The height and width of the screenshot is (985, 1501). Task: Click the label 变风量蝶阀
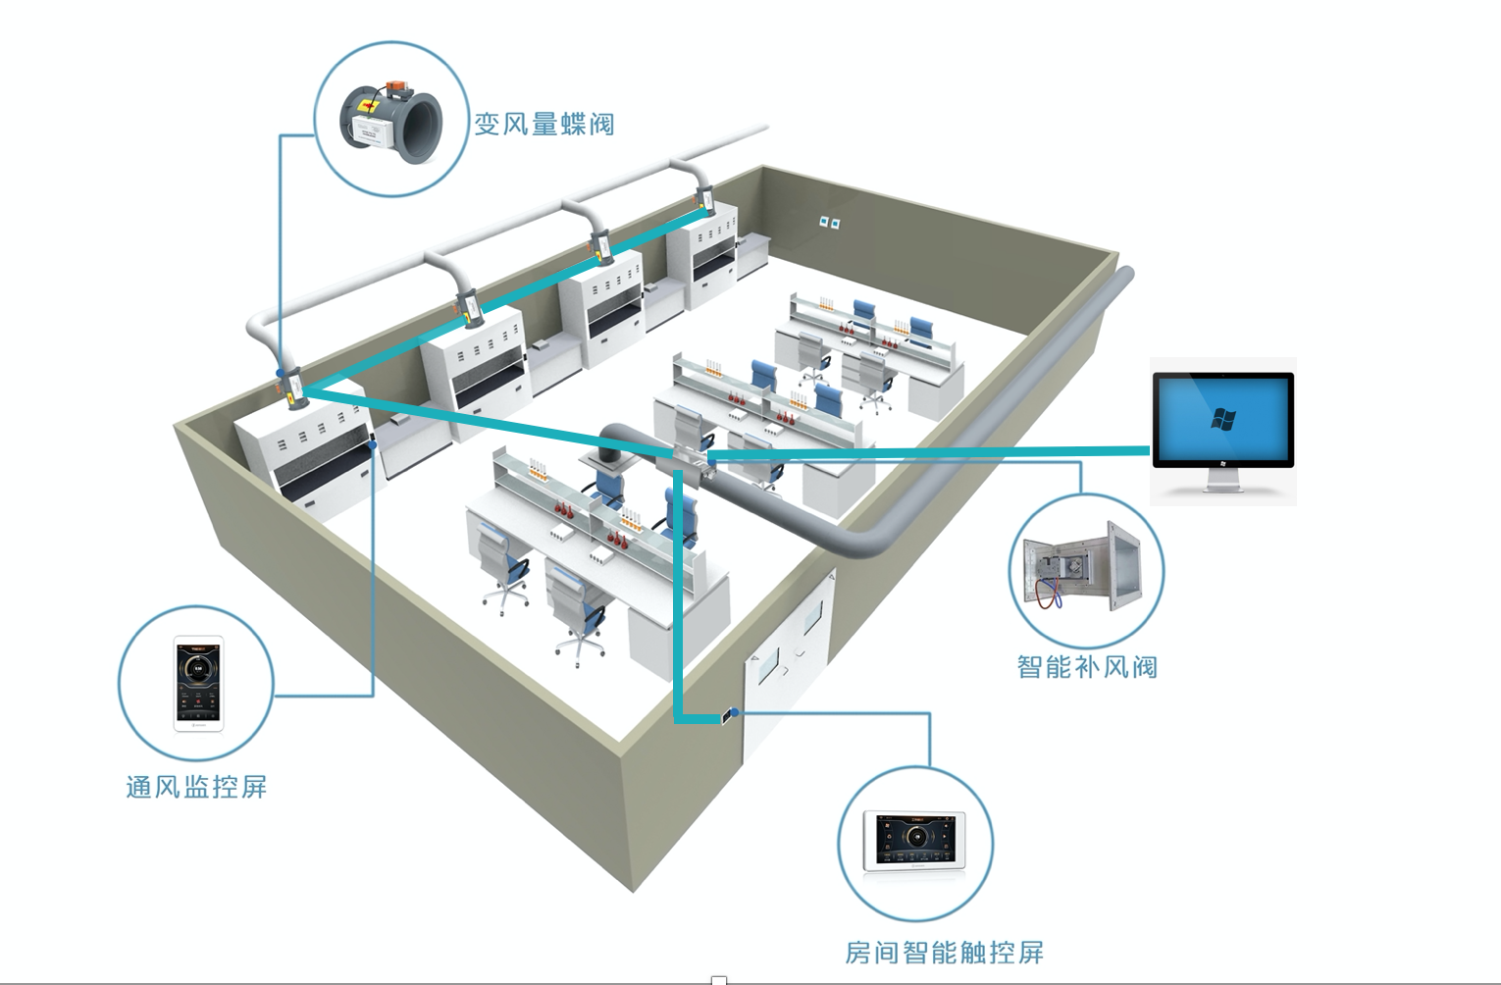pos(544,125)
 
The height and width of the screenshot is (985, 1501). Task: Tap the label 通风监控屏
pos(196,787)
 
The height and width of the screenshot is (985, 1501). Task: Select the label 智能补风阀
pos(1087,667)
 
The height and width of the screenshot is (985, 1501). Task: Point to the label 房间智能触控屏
pos(944,953)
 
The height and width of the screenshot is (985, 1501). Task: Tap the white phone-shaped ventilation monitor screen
pos(198,683)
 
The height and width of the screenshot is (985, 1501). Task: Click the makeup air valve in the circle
pos(1085,568)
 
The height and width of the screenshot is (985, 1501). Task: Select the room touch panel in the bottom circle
pos(914,841)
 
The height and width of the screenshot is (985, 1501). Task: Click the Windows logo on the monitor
pos(1222,419)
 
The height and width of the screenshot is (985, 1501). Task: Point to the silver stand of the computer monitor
pos(1222,481)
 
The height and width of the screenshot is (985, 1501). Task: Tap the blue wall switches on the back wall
pos(829,223)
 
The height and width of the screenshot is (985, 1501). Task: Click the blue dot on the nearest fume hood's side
pos(373,445)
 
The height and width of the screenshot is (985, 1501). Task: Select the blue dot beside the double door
pos(735,712)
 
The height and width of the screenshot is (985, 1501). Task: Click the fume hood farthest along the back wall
pos(702,250)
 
